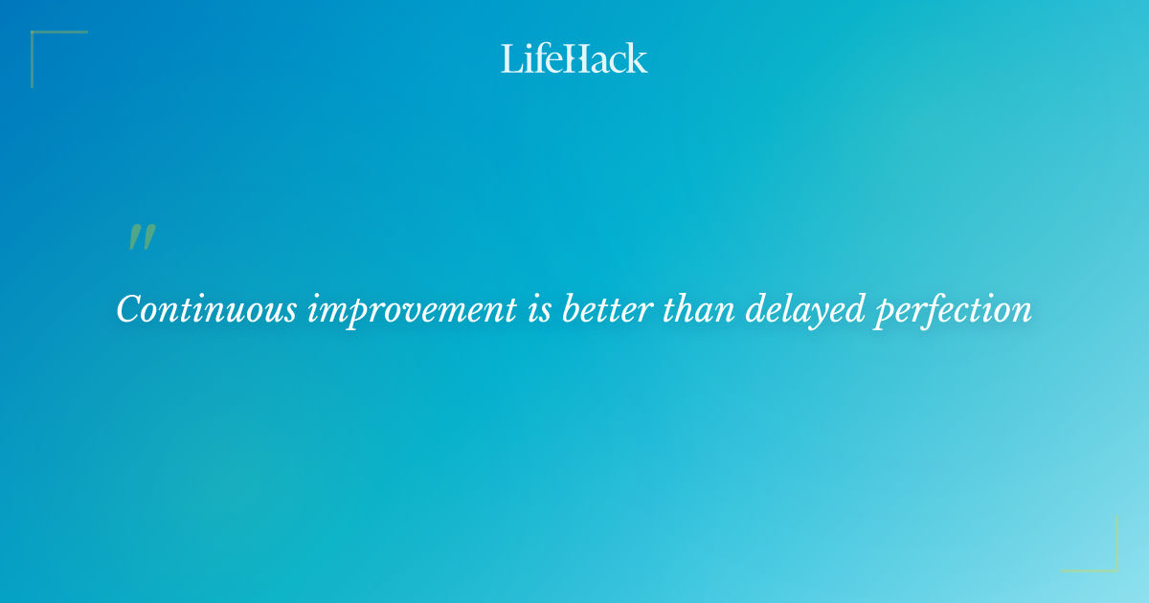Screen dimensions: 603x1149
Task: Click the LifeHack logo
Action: (574, 58)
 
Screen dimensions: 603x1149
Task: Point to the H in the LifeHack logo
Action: (575, 58)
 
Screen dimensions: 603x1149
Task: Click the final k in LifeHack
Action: (638, 58)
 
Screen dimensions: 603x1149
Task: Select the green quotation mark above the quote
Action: (142, 237)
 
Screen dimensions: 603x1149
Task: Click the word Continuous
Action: (207, 309)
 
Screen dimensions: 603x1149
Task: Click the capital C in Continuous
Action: (128, 309)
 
